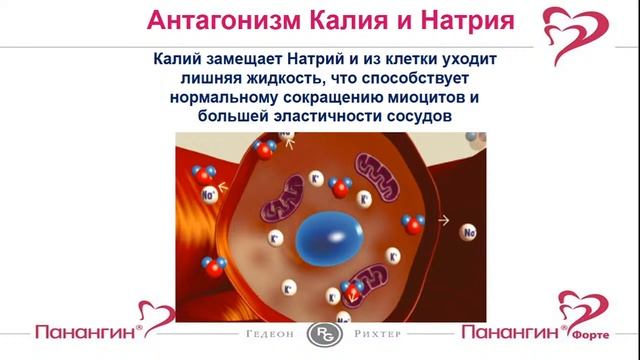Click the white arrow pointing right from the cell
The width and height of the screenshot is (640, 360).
[x=444, y=219]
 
